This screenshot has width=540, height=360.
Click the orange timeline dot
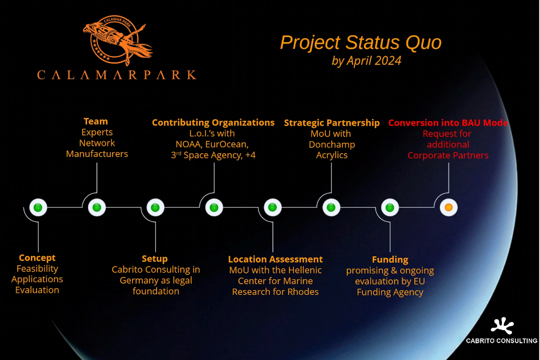click(x=449, y=207)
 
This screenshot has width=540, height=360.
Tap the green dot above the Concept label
click(x=38, y=207)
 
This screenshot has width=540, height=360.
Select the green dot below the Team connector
click(x=97, y=207)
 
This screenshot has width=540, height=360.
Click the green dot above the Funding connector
click(x=390, y=207)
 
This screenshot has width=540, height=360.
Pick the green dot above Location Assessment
click(x=273, y=207)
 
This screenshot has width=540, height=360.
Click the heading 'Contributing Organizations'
click(x=213, y=122)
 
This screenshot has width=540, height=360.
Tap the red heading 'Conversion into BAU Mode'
click(x=448, y=123)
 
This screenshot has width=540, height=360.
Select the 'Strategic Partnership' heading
click(x=332, y=123)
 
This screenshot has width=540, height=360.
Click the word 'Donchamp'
click(x=332, y=144)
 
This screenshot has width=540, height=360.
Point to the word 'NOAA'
click(x=188, y=144)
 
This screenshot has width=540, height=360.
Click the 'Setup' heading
click(x=155, y=259)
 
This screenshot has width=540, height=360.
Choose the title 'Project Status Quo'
click(x=360, y=43)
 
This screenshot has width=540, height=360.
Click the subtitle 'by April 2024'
click(x=366, y=61)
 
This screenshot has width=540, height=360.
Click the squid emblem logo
click(x=117, y=40)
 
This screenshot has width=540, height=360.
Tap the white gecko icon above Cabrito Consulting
click(x=502, y=326)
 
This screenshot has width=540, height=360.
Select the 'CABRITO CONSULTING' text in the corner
click(x=501, y=341)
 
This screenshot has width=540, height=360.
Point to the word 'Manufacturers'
click(x=97, y=154)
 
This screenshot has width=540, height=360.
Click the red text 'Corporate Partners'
click(x=448, y=156)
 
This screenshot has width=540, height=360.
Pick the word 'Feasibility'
click(x=37, y=269)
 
